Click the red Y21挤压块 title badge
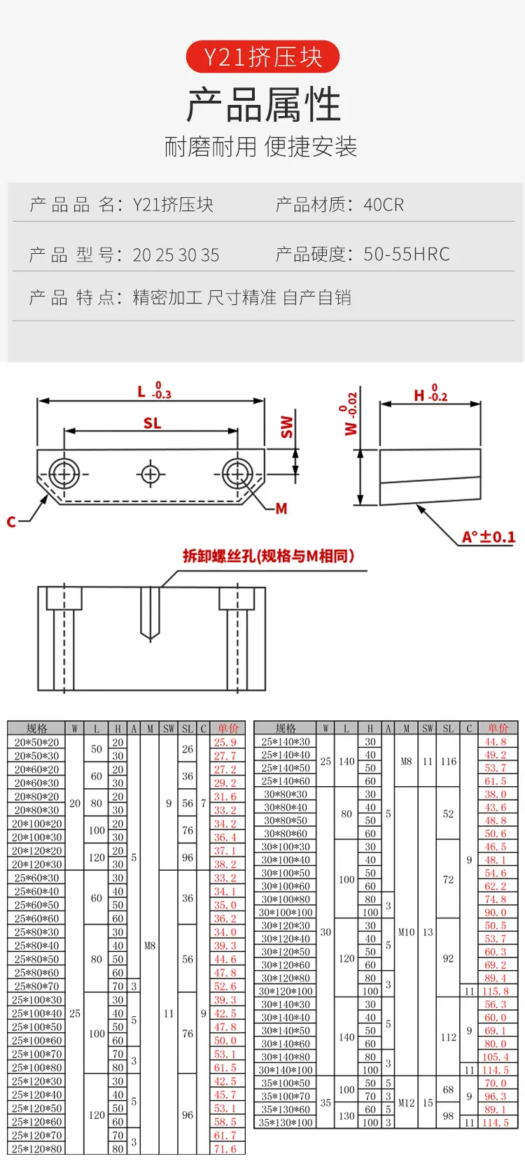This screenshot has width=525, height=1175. tap(262, 57)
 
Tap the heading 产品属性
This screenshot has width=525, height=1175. tap(263, 104)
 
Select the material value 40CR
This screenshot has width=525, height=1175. tap(384, 204)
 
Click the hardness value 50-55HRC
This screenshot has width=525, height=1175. tap(406, 254)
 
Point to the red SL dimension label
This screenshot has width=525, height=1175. tap(153, 422)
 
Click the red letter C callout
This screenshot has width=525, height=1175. tap(11, 522)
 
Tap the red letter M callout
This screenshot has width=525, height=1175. tap(281, 508)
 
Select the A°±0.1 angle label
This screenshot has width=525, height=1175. tap(489, 536)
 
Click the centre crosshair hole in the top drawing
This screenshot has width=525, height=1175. tap(150, 474)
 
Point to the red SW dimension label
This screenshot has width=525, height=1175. tap(287, 427)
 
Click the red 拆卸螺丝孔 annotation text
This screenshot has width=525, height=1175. tap(268, 555)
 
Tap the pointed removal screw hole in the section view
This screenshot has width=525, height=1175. tap(150, 614)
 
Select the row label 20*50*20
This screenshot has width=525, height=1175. tap(36, 742)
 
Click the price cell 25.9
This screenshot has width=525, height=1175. tap(225, 742)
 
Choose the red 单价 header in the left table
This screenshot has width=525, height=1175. tap(228, 728)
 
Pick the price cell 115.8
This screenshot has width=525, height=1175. tap(496, 991)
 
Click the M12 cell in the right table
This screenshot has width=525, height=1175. tap(406, 1102)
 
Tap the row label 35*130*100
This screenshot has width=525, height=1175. tap(286, 1122)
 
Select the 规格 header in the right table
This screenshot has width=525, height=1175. tap(286, 727)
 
